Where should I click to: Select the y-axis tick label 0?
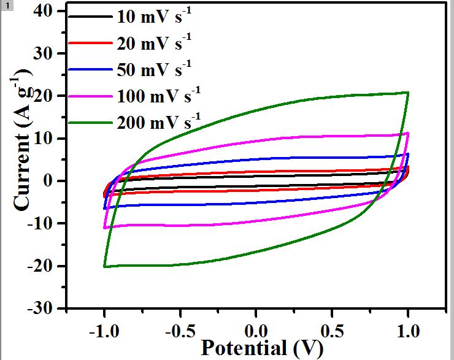tap(53, 182)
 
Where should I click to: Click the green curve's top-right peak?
tap(407, 93)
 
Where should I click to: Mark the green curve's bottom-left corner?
tap(105, 266)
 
